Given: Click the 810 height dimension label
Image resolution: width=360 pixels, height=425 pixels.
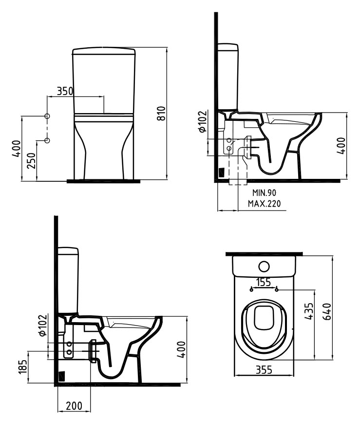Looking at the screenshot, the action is [162, 113].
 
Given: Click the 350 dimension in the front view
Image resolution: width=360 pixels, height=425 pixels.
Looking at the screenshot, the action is [65, 91].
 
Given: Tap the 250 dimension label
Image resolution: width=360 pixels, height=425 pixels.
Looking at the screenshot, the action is [32, 160].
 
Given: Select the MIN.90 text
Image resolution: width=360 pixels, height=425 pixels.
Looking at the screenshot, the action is [264, 193].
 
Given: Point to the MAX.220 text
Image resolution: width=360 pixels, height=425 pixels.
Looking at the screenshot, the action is [264, 203].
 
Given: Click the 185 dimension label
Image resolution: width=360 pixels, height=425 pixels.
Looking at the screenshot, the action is [23, 367].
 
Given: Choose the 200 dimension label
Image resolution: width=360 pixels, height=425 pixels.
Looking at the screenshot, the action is [74, 406].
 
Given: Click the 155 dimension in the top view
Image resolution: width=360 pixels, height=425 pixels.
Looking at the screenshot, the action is [264, 282].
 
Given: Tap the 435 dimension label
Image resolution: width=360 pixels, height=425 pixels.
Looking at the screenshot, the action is [309, 311].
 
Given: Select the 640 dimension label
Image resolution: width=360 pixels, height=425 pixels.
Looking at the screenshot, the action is [327, 312].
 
